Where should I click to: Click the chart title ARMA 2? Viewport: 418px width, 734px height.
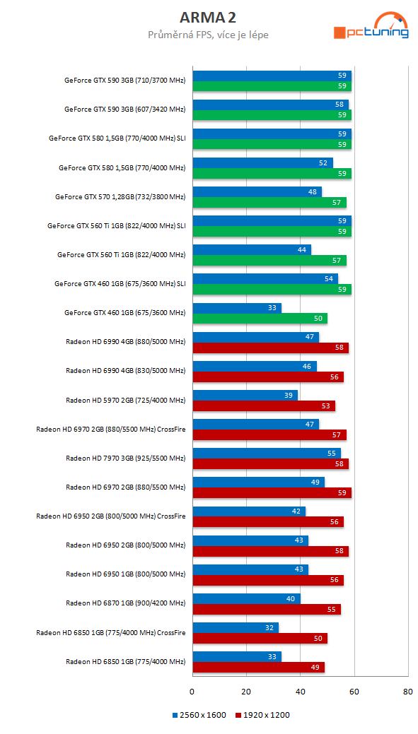click(208, 16)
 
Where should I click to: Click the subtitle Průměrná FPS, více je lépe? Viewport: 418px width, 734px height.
click(208, 35)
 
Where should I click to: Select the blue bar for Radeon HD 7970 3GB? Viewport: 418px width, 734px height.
click(266, 454)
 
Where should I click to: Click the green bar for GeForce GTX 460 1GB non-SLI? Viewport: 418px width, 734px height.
click(260, 319)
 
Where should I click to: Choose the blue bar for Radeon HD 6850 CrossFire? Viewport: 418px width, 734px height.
click(235, 627)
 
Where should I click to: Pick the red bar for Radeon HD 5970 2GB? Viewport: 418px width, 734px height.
click(263, 406)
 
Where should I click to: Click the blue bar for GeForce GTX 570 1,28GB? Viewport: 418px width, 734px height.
click(257, 192)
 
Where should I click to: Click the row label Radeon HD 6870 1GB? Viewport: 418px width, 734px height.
click(125, 603)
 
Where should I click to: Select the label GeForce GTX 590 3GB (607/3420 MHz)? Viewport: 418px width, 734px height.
click(124, 109)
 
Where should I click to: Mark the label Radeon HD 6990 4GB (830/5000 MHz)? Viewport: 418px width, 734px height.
click(125, 371)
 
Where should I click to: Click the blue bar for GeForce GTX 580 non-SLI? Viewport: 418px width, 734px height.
click(262, 163)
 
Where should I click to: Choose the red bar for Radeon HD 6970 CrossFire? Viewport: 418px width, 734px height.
click(269, 434)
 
